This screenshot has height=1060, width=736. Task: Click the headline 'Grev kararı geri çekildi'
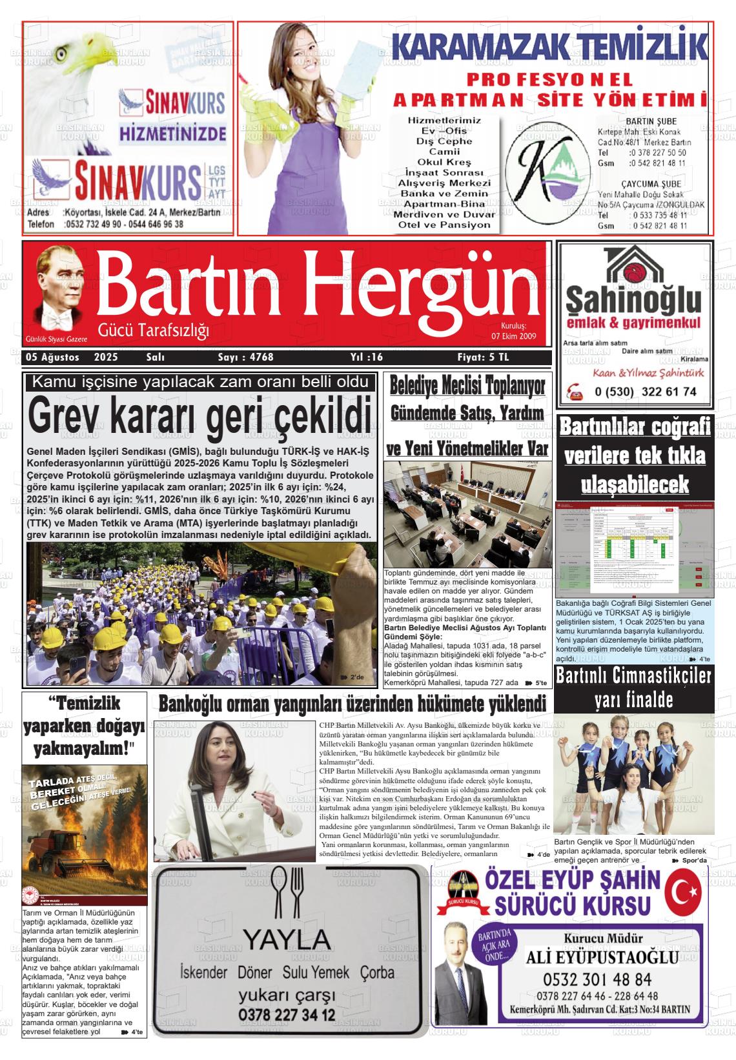click(200, 419)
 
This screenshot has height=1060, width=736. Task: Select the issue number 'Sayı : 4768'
click(245, 357)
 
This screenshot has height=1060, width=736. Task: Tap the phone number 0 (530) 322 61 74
click(645, 392)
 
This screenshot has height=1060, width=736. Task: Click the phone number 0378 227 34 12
click(287, 1015)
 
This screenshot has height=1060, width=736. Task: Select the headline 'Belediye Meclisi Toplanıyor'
click(467, 387)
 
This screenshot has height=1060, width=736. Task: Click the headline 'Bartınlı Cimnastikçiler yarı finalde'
click(634, 688)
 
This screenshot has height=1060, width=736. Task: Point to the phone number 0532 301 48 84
click(597, 979)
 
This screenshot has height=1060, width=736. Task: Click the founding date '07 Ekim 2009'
click(514, 336)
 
